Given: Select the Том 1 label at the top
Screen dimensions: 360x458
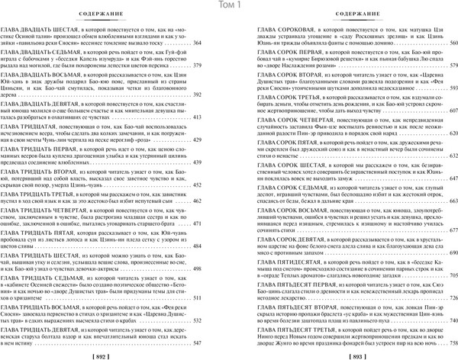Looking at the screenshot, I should coord(228,6).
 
